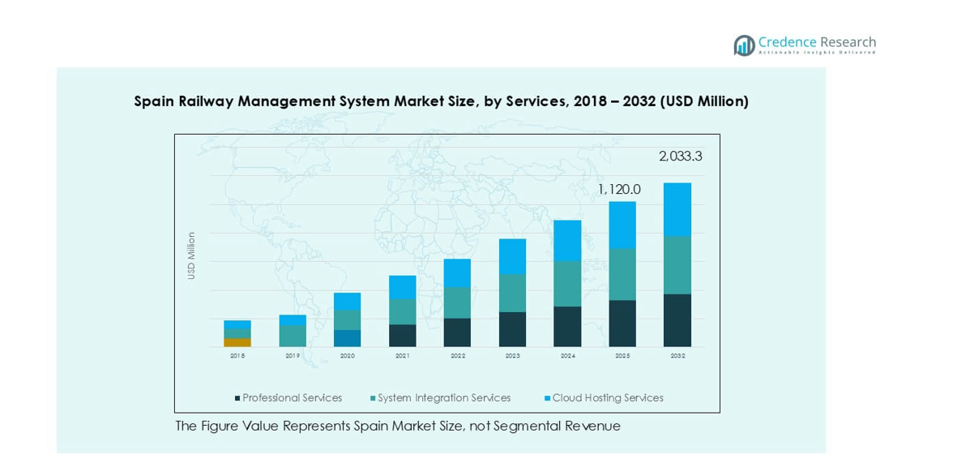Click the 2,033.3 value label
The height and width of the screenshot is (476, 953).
click(x=679, y=157)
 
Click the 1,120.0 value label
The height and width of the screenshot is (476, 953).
click(x=619, y=189)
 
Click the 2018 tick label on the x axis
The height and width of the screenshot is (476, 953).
click(x=237, y=355)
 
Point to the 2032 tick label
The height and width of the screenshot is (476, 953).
click(x=677, y=355)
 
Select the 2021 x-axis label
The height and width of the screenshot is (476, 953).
click(x=403, y=355)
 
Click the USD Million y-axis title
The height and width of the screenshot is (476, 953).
click(x=192, y=256)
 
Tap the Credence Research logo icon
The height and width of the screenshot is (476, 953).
click(x=744, y=45)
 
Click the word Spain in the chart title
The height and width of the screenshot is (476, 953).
click(x=154, y=101)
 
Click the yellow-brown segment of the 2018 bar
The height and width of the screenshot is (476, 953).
click(x=237, y=342)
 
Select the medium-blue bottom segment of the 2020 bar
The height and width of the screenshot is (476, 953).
click(x=348, y=338)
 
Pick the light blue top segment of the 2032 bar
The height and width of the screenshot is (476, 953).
click(x=677, y=209)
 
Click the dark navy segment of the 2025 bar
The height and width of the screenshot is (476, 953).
click(x=622, y=324)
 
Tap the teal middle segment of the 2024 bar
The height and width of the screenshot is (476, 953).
click(x=567, y=284)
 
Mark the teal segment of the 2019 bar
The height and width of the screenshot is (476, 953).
click(x=293, y=336)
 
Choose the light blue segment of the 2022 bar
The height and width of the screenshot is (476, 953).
click(x=457, y=273)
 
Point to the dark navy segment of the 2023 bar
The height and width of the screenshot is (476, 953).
click(x=512, y=329)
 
